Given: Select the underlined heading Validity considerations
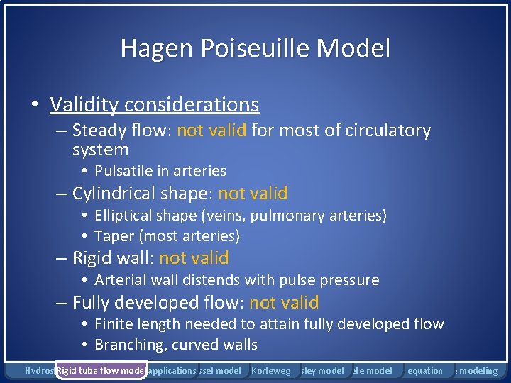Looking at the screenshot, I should point(154,105).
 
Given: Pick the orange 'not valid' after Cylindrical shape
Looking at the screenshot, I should point(253,193).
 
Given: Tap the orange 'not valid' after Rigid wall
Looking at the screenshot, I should point(194,257).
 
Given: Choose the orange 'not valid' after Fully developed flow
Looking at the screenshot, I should point(284,303).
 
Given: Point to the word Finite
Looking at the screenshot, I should point(116,324).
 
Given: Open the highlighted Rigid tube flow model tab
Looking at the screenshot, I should point(100,370).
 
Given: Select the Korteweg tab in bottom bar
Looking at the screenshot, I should point(271,370).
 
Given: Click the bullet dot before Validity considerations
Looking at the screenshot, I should point(34,106).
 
